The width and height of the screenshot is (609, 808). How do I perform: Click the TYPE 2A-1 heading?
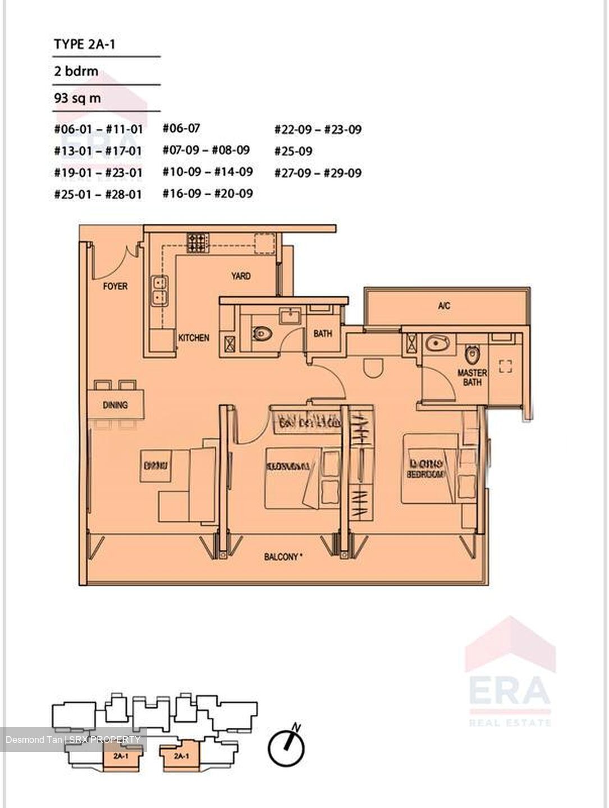point(84,44)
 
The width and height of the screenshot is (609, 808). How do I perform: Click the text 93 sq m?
point(77,98)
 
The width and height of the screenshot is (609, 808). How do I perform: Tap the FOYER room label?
point(115,286)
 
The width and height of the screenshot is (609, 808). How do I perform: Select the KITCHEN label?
point(194,338)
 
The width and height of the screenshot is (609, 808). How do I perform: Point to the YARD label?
point(241,276)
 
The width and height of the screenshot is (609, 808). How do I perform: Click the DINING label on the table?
point(115,405)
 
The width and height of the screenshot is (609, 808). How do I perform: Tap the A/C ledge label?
point(444,306)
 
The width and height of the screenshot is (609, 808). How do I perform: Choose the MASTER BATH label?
point(472,377)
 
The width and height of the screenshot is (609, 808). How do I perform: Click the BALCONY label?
point(283,557)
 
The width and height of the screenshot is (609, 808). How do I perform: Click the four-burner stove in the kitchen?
point(196,244)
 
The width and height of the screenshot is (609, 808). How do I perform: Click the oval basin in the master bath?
point(434,343)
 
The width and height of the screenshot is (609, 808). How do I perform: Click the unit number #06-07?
point(181,128)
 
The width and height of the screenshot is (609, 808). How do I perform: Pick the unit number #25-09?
point(294,151)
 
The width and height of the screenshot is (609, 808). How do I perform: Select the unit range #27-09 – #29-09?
point(318,173)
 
